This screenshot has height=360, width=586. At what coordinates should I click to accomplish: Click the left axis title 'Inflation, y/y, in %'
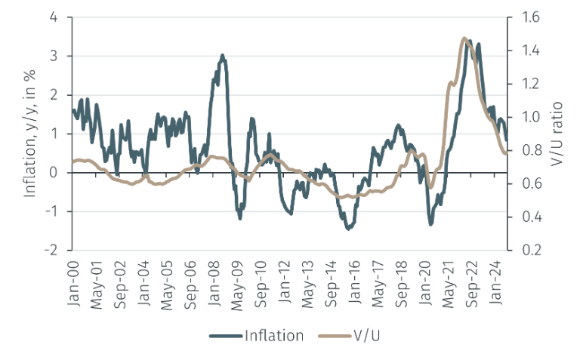point(31,134)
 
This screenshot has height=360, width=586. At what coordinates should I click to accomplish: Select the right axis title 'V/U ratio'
point(559,134)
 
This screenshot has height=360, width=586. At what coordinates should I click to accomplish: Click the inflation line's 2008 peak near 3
point(222,55)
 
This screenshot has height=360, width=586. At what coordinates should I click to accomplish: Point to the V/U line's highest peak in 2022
point(464,38)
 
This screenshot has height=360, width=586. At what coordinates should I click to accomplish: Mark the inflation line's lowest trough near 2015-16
point(348,228)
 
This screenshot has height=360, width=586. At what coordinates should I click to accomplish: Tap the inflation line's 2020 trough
point(431,223)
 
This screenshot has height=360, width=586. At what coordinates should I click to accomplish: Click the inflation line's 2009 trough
point(240,217)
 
